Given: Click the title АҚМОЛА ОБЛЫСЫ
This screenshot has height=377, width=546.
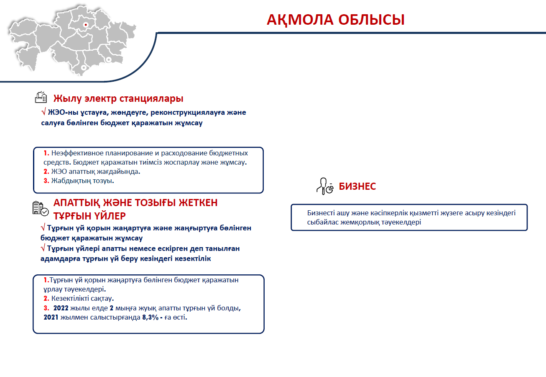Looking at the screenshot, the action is (336, 20).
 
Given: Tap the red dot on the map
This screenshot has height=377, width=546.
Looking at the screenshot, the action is (86, 25).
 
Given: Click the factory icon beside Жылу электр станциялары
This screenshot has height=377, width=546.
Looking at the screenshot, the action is (41, 97).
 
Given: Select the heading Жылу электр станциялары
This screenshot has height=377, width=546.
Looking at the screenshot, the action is (118, 98).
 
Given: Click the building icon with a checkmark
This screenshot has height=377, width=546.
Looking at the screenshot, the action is (41, 208).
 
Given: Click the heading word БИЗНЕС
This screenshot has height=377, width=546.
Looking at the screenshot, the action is (357, 186).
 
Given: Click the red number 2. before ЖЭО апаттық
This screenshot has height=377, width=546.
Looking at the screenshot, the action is (46, 172).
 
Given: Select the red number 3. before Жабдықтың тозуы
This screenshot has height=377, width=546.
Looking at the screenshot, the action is (46, 181).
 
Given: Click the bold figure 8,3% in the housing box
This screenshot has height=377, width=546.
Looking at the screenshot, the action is (151, 318).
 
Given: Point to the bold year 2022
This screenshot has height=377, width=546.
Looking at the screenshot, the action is (61, 308).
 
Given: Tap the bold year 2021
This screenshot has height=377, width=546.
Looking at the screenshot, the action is (51, 318).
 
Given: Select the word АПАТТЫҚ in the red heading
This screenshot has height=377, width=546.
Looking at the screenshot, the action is (77, 203).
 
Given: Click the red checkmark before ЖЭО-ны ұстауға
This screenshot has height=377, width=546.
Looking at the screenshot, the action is (43, 112).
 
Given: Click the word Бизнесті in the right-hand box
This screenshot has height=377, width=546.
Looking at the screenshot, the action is (321, 213).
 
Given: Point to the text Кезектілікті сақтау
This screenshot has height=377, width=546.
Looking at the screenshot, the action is (83, 299).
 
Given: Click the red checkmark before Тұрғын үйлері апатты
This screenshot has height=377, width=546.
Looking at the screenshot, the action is (43, 248).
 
